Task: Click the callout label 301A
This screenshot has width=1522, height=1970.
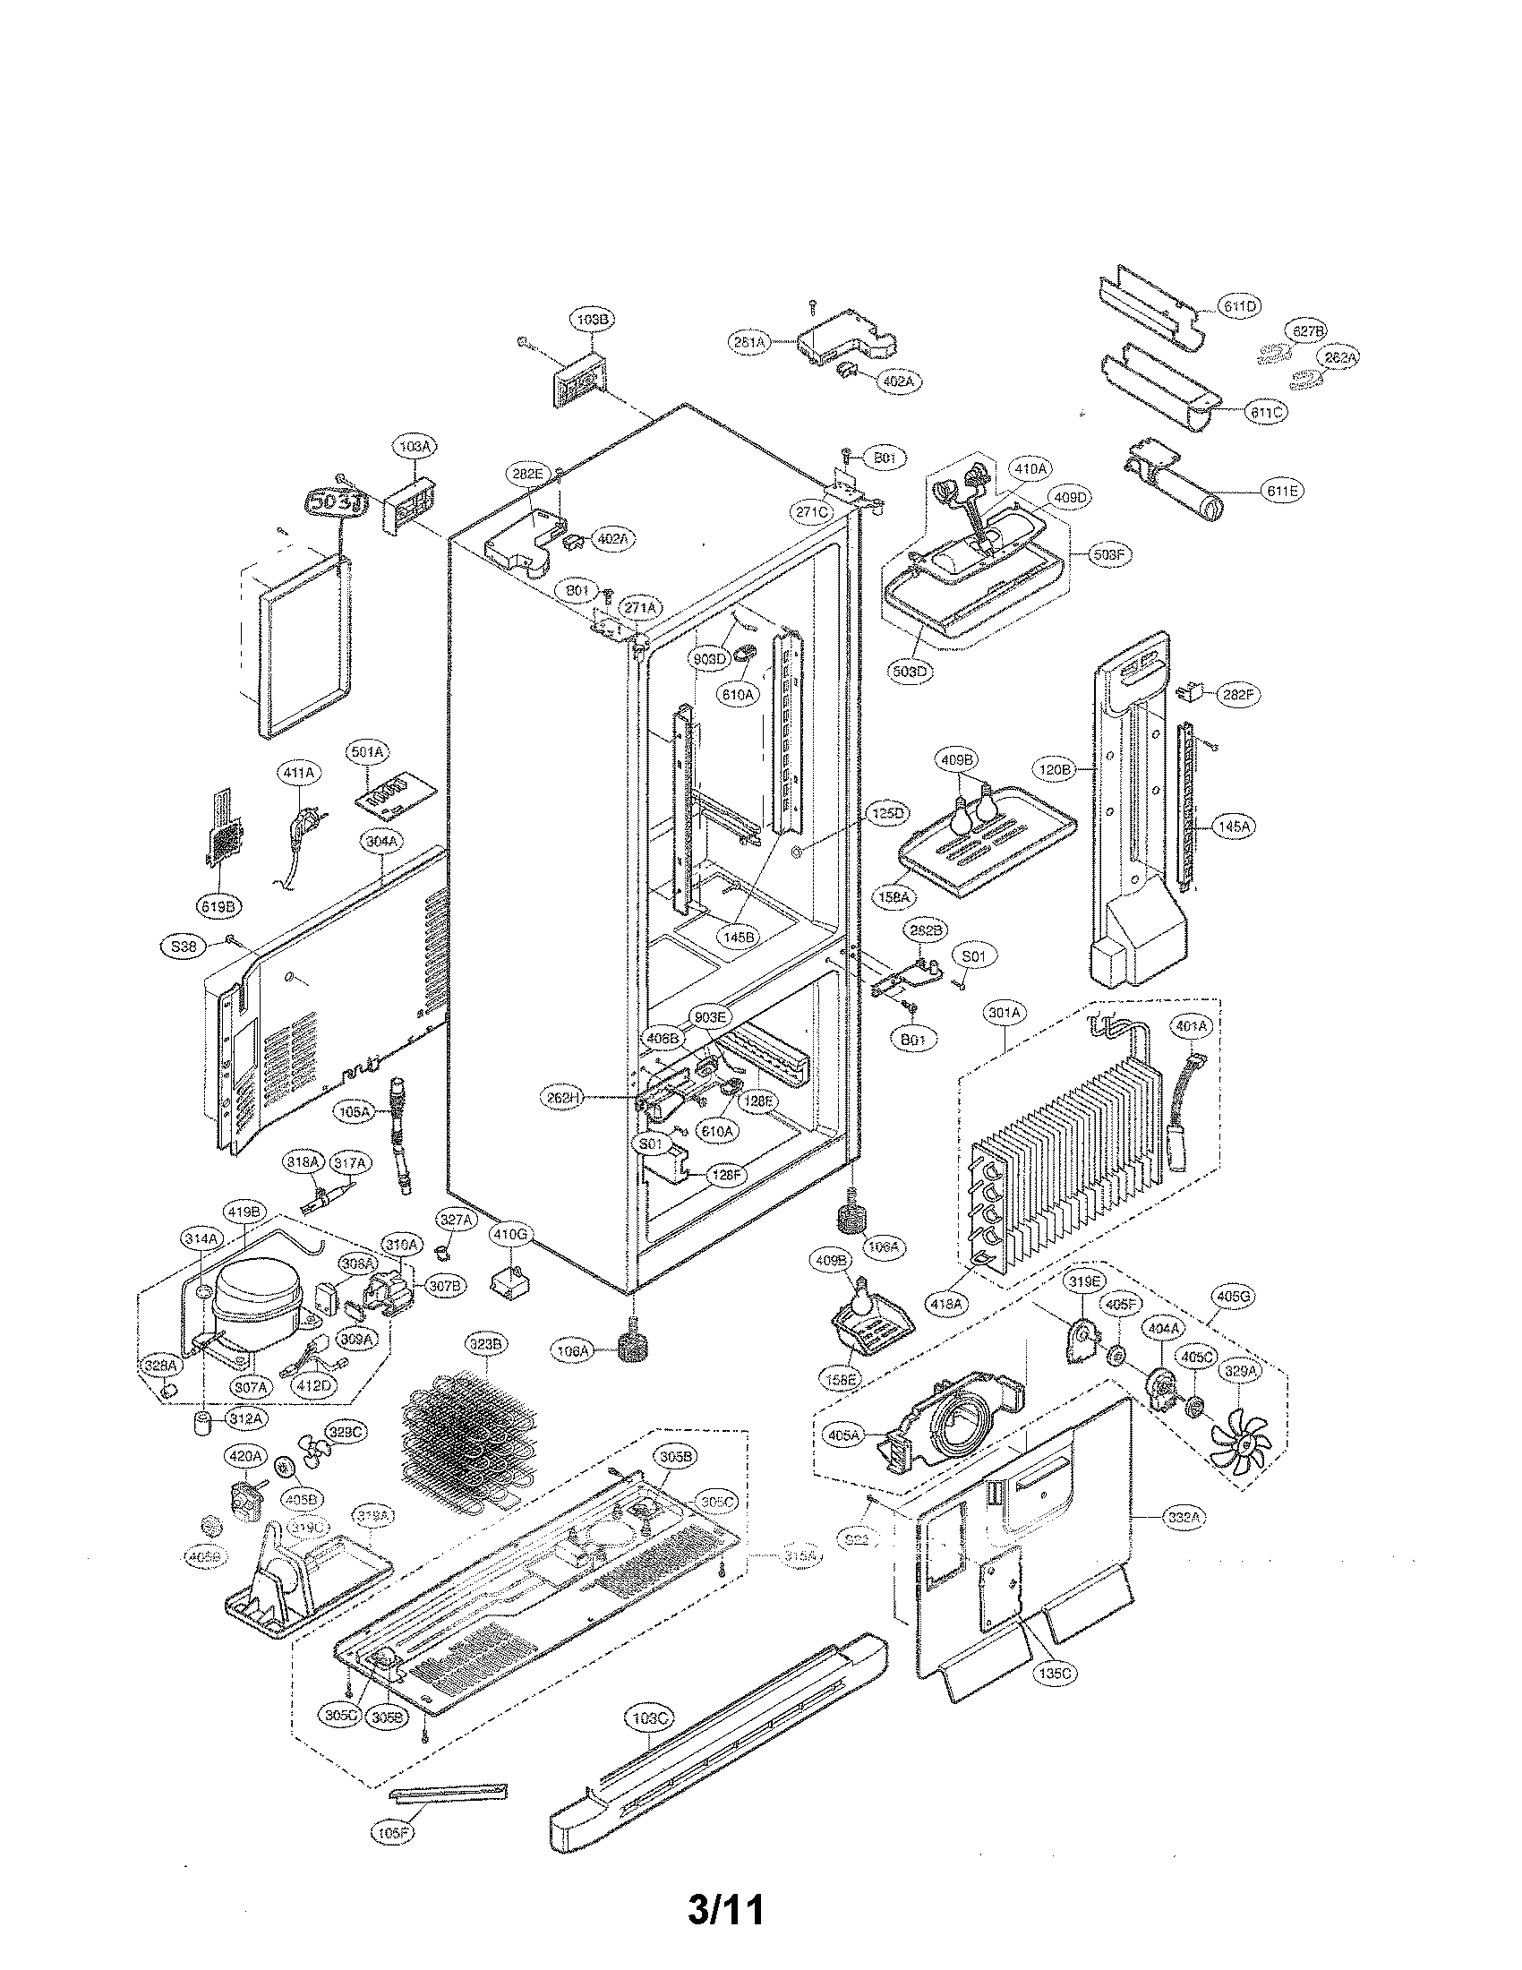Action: click(x=1005, y=1014)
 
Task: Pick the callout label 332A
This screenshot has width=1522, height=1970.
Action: click(x=1184, y=1519)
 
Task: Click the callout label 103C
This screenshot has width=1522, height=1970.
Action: click(x=649, y=1718)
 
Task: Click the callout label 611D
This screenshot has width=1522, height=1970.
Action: click(x=1240, y=306)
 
